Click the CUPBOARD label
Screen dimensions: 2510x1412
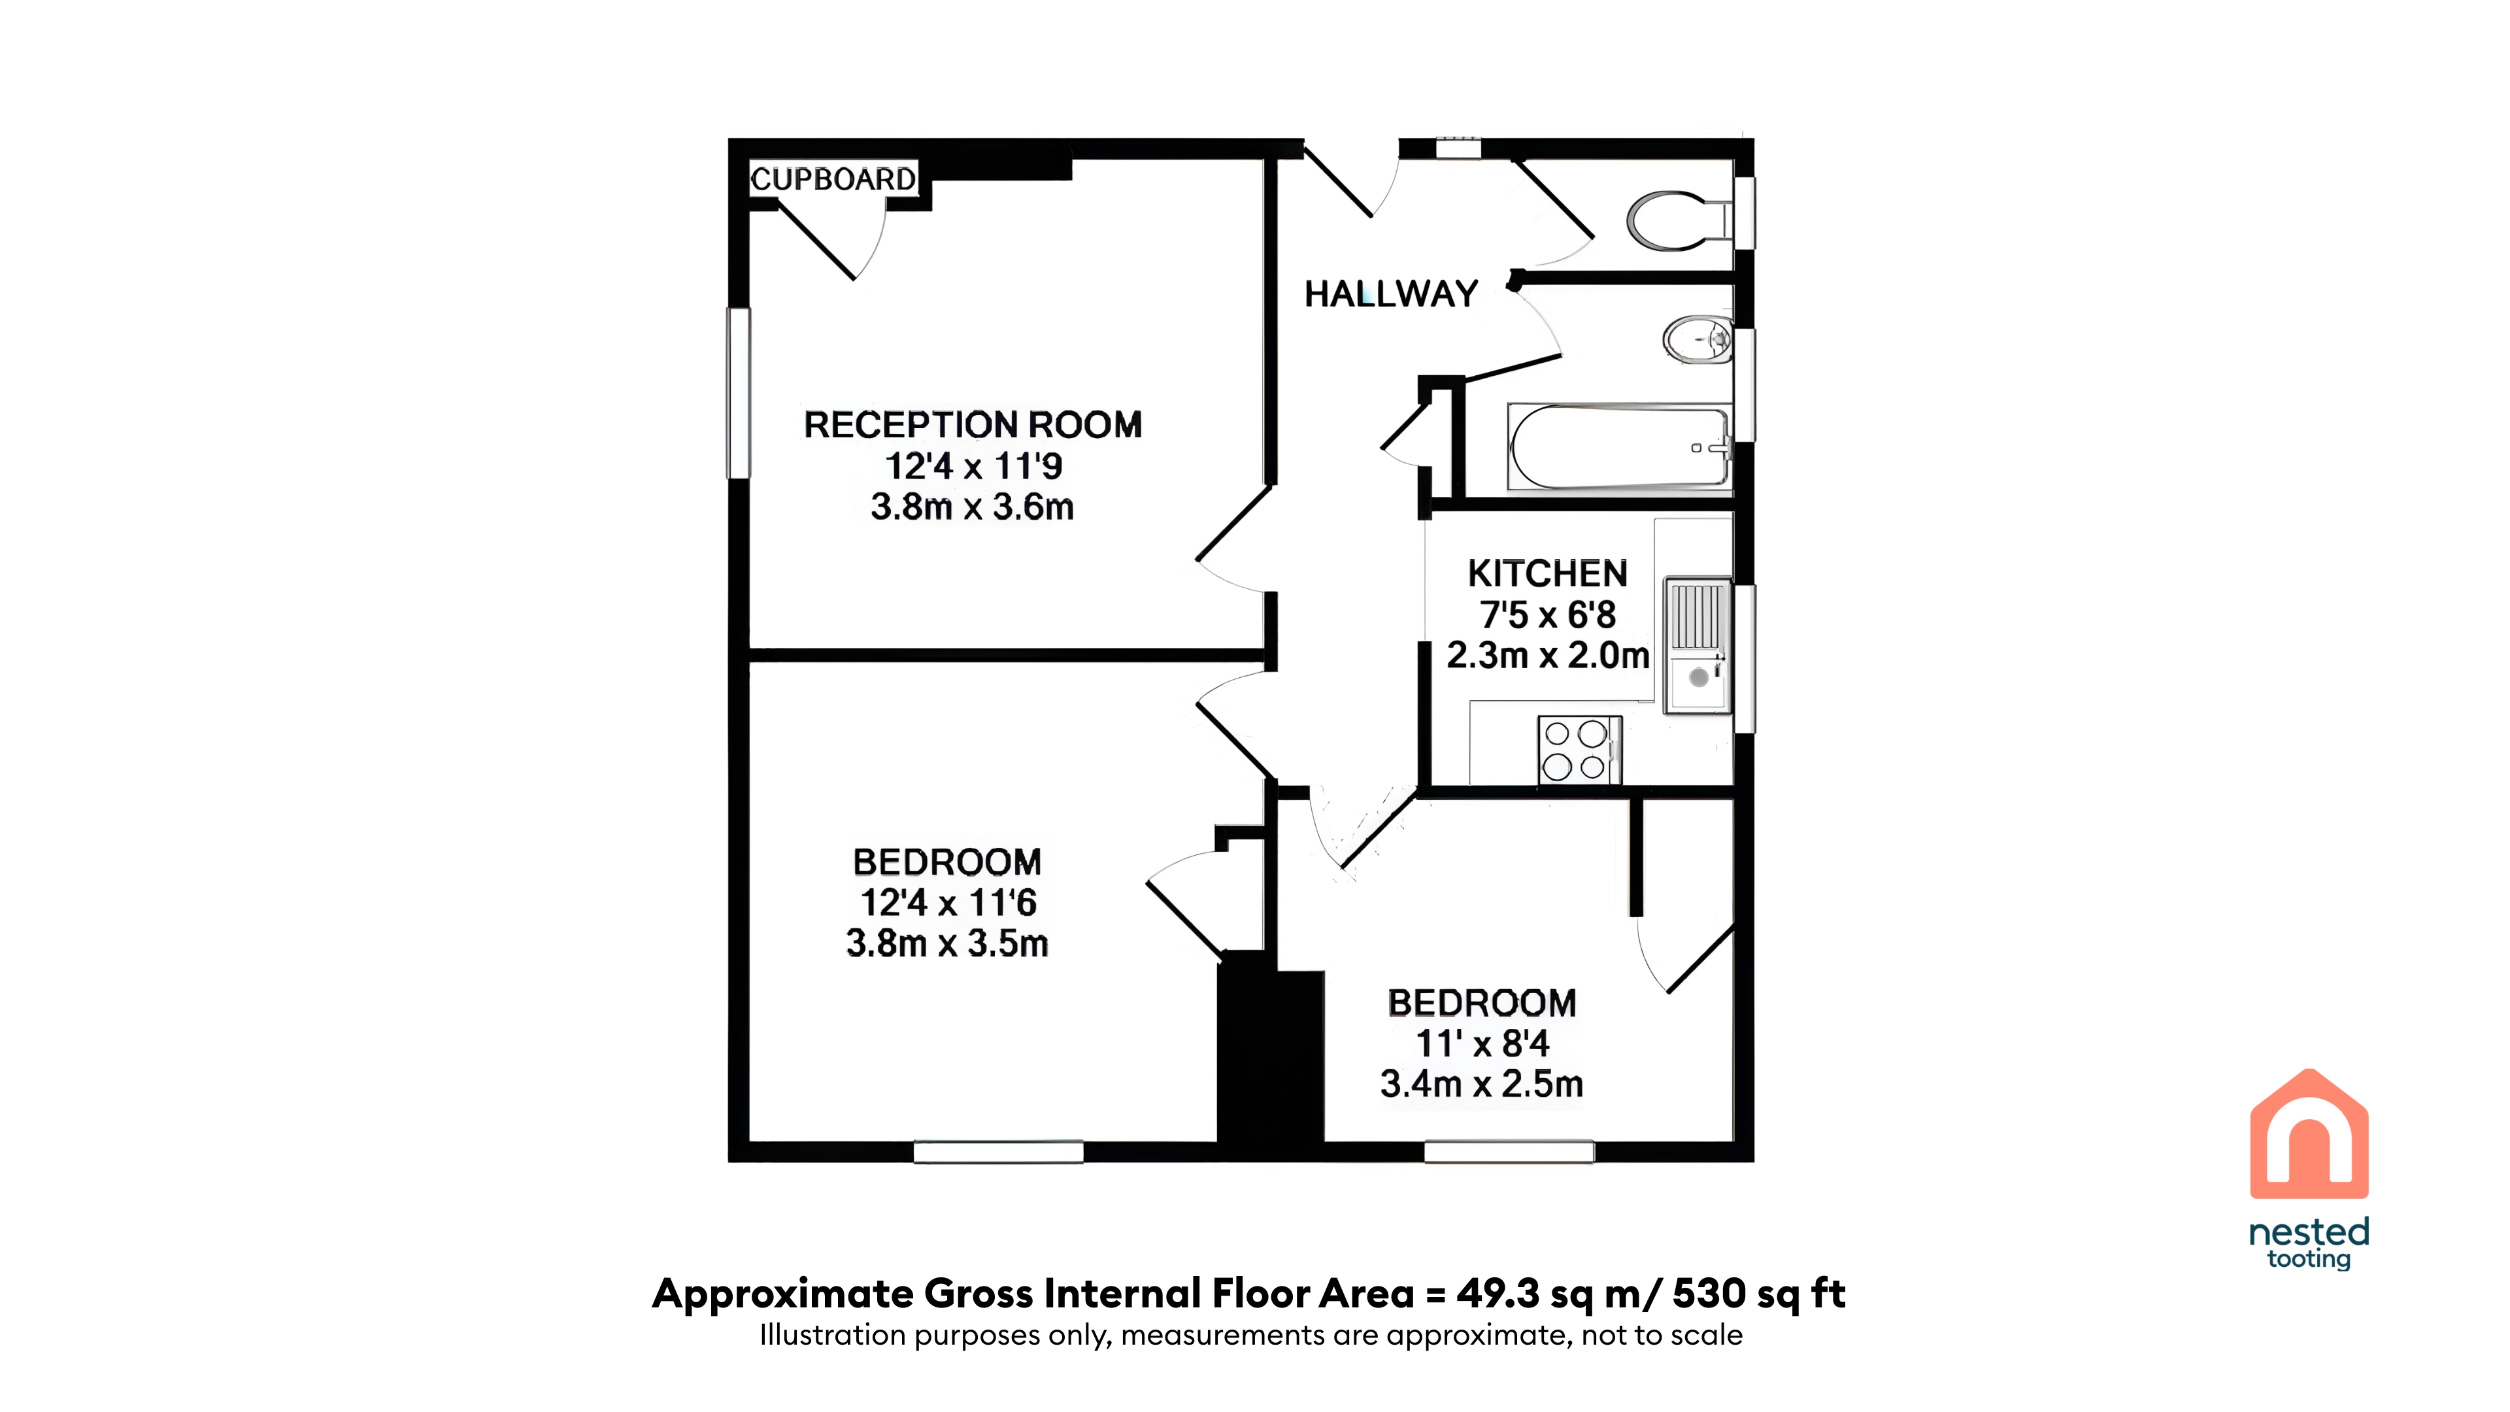pyautogui.click(x=833, y=179)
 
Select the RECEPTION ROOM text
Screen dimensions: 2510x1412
pyautogui.click(x=973, y=425)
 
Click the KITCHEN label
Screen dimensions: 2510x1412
pyautogui.click(x=1547, y=573)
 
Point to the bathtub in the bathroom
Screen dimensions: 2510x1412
pyautogui.click(x=1618, y=447)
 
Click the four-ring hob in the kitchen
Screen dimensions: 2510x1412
pyautogui.click(x=1579, y=749)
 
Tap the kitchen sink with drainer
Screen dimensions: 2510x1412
pyautogui.click(x=1698, y=645)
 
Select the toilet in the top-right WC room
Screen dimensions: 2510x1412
pyautogui.click(x=1679, y=220)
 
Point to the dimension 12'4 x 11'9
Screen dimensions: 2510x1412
pyautogui.click(x=973, y=467)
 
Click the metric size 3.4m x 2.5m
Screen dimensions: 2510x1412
pyautogui.click(x=1481, y=1084)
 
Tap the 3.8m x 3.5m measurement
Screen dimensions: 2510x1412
pyautogui.click(x=947, y=943)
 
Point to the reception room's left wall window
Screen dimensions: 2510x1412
pyautogui.click(x=739, y=393)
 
